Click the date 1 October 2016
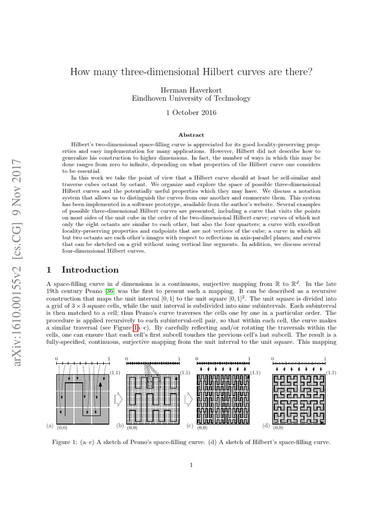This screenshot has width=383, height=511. point(191,113)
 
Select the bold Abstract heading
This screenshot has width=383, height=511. point(191,135)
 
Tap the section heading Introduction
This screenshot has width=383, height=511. point(90,270)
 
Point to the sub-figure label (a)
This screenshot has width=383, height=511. point(49,426)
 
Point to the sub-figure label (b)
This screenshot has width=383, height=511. point(120,426)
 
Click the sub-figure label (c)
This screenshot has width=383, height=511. point(190,426)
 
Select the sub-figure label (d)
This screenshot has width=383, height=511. point(265,426)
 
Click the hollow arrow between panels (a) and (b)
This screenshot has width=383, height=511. point(118,400)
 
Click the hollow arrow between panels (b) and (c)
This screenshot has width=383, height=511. point(189,400)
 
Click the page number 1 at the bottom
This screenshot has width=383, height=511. point(191,466)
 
